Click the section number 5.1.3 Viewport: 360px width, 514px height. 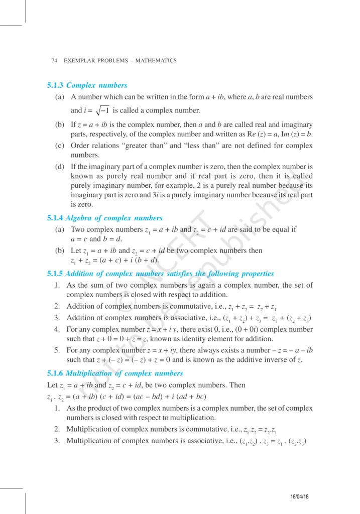click(54, 85)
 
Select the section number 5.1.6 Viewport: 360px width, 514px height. click(54, 373)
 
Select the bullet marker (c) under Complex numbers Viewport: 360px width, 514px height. click(59, 146)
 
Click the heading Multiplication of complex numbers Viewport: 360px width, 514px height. click(125, 373)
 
